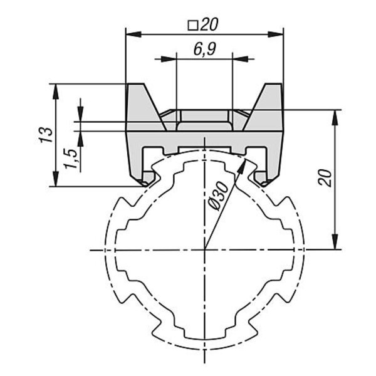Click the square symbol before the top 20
(192, 26)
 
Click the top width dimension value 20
(209, 24)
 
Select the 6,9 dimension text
(204, 50)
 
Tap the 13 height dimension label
(46, 135)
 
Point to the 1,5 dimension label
(71, 159)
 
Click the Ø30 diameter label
(218, 196)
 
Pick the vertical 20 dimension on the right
(325, 178)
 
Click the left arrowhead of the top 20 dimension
(133, 34)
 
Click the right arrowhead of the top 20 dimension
(276, 34)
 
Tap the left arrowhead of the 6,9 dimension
(169, 59)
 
